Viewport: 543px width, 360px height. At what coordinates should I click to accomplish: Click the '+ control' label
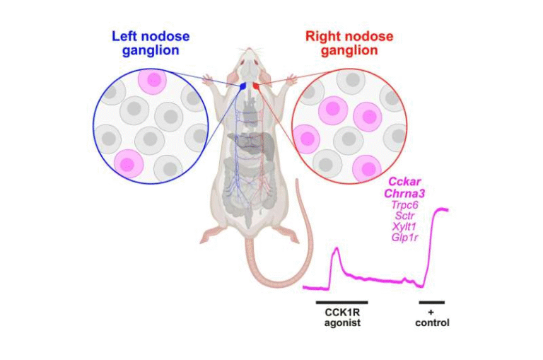tap(431, 318)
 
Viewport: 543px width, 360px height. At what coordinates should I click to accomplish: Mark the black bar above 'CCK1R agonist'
tap(341, 302)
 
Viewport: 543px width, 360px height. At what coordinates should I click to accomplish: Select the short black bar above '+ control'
tap(431, 302)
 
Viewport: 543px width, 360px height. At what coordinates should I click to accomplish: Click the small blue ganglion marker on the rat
tap(243, 85)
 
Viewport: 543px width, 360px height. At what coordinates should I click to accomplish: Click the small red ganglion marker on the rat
tap(257, 85)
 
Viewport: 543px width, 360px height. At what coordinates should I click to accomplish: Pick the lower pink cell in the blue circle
tap(127, 164)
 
